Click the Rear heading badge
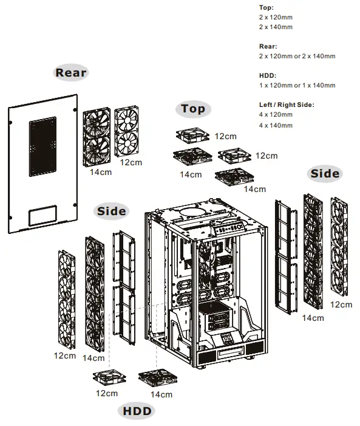point(71,73)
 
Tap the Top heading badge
point(193,109)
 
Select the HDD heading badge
point(137,411)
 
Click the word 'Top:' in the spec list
point(267,8)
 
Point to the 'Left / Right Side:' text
point(287,105)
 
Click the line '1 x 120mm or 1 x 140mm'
point(297,86)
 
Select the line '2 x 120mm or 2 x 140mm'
point(297,56)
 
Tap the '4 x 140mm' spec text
point(276,125)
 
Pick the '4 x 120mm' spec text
point(276,115)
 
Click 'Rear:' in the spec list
point(268,46)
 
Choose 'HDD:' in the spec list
point(268,75)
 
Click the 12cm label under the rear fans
point(131,163)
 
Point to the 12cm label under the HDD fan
point(107,393)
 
